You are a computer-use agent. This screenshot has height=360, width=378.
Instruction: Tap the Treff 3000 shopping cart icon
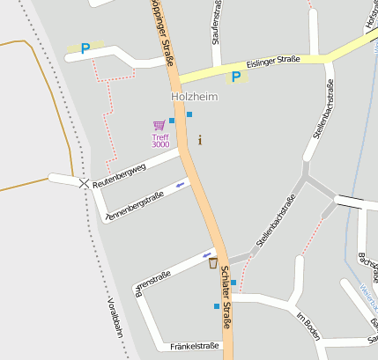pos(159,126)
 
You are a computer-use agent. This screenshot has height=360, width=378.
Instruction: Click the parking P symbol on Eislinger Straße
pos(235,77)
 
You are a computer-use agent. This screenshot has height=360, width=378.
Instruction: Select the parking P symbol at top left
pos(85,49)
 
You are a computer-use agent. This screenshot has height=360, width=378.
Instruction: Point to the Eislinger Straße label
pos(273,61)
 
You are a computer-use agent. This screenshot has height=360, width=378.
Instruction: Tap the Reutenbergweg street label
pos(118,168)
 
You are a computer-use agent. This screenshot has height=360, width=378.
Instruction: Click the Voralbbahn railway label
pos(112,318)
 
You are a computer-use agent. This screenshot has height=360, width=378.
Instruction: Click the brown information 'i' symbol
pos(200,139)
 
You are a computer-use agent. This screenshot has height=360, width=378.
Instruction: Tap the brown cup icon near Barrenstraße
pos(212,263)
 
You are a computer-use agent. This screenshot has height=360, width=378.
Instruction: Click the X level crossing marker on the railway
pos(84,183)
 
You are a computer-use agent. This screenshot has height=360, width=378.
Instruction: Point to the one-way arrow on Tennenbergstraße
pos(181,184)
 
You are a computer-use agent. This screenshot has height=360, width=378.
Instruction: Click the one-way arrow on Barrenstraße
pos(208,253)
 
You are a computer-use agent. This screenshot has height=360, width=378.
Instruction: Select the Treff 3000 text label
pos(160,140)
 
